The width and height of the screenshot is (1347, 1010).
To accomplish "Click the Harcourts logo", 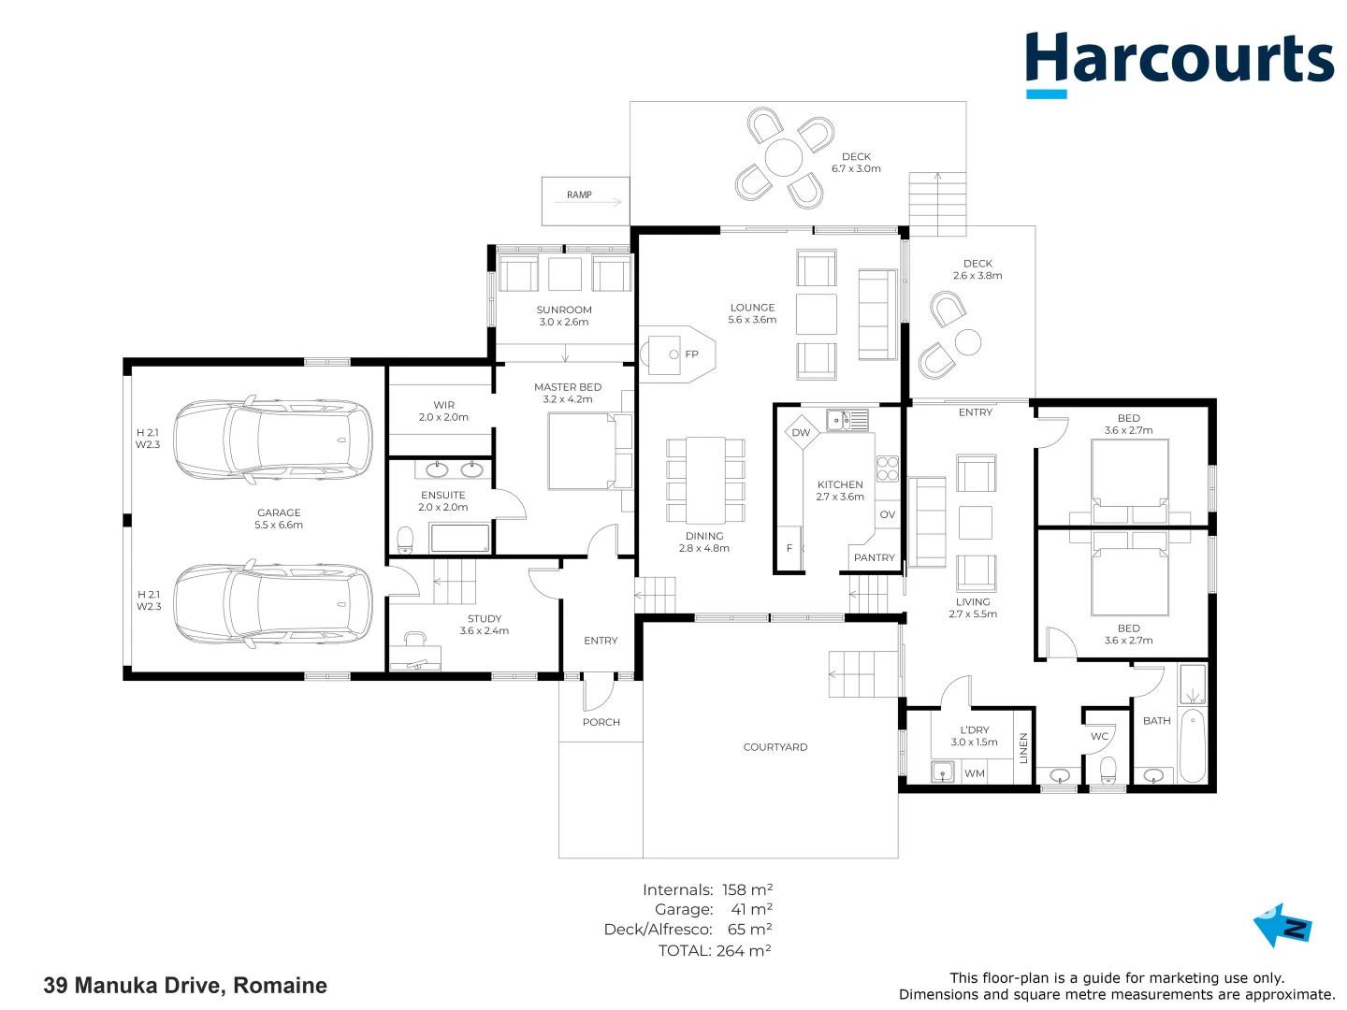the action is click(x=1179, y=65).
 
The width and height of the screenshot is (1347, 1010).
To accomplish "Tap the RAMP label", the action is click(x=579, y=195).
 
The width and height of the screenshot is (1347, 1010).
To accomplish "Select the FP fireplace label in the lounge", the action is click(x=691, y=353).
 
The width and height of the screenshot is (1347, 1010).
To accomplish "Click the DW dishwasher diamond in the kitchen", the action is click(x=802, y=432).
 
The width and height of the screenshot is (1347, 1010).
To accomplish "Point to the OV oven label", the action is click(x=888, y=514).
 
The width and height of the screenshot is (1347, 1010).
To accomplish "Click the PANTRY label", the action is click(x=874, y=557).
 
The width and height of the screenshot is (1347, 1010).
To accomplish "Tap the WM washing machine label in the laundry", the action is click(x=975, y=773).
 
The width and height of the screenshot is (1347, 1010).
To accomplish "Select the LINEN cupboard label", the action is click(x=1023, y=748).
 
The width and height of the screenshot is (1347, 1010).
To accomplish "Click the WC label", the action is click(x=1100, y=736).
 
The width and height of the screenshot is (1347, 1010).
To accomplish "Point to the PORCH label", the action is click(x=601, y=722).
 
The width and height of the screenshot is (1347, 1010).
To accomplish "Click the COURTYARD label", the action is click(x=775, y=747).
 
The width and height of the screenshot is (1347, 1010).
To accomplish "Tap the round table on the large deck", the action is click(x=784, y=158).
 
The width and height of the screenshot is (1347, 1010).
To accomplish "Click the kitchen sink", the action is click(x=847, y=420).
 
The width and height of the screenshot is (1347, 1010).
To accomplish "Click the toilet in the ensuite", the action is click(x=405, y=539).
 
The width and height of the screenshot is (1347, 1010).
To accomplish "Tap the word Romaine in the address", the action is click(x=281, y=985).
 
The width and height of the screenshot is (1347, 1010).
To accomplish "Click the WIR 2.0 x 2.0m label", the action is click(x=443, y=411).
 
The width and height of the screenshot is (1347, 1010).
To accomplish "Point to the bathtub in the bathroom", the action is click(x=1193, y=745).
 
